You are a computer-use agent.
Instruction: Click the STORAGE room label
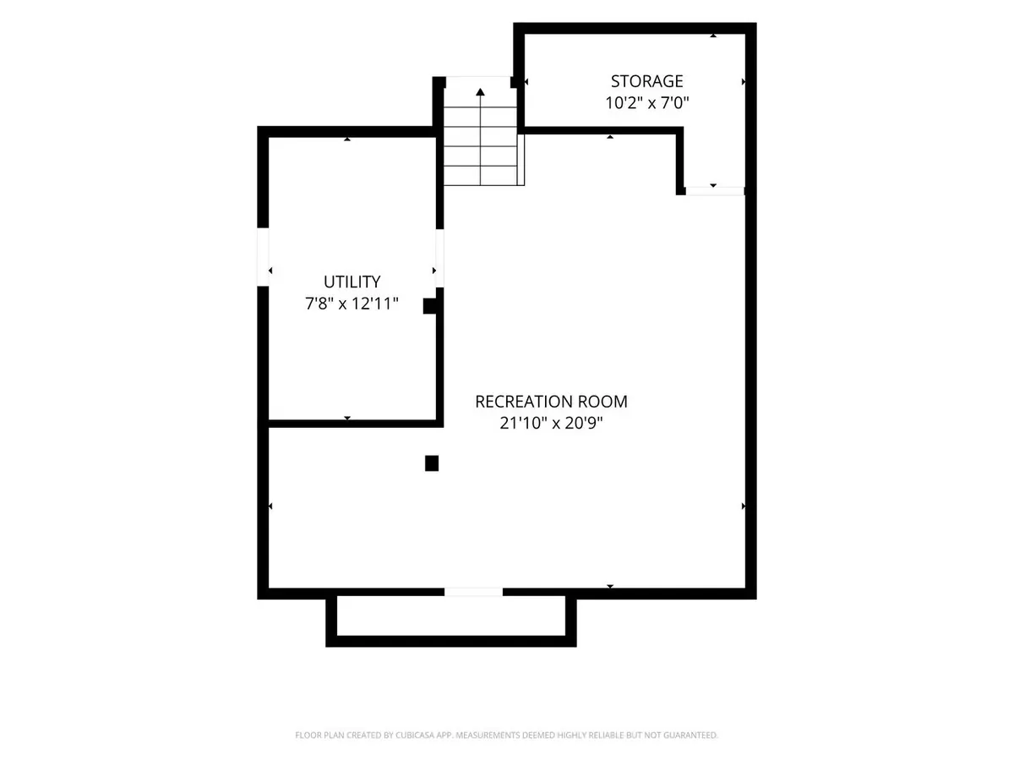point(646,81)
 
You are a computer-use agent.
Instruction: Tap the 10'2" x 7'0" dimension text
point(646,102)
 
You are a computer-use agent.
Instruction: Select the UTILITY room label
point(352,282)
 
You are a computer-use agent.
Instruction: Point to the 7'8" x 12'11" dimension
point(352,304)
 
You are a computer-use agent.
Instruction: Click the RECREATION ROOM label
point(551,402)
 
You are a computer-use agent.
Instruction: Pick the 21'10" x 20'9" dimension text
point(551,423)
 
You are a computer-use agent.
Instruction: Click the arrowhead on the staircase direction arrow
point(481,92)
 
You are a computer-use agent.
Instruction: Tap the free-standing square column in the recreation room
point(432,463)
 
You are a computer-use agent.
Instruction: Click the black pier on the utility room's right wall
point(430,306)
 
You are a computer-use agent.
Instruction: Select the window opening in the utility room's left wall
point(263,257)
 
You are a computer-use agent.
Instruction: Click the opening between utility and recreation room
point(439,258)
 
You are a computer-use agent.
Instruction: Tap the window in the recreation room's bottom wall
point(473,593)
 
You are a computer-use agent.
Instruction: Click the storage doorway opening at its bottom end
point(715,191)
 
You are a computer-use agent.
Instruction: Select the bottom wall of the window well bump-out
point(451,641)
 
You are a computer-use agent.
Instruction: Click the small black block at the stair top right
point(515,82)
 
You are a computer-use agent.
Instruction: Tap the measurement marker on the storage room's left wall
point(526,82)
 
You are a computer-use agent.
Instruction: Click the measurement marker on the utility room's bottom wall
point(347,419)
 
